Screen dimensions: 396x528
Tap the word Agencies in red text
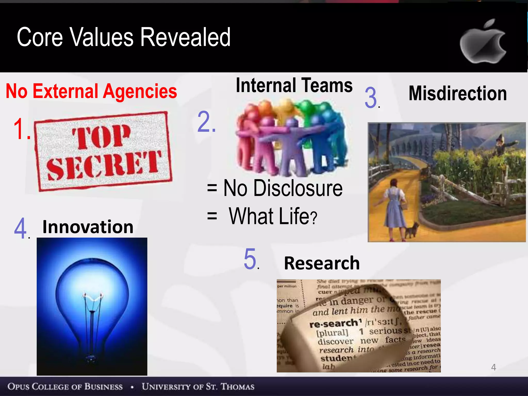tap(140, 91)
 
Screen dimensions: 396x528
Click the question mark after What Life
tap(313, 218)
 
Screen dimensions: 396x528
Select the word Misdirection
tap(458, 93)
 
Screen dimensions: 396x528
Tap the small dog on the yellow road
tap(412, 229)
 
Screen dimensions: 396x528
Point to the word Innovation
tap(88, 227)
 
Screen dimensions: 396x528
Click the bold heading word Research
tap(322, 263)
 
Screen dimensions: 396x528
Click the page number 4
tap(493, 367)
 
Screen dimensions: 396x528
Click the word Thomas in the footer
tap(237, 386)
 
